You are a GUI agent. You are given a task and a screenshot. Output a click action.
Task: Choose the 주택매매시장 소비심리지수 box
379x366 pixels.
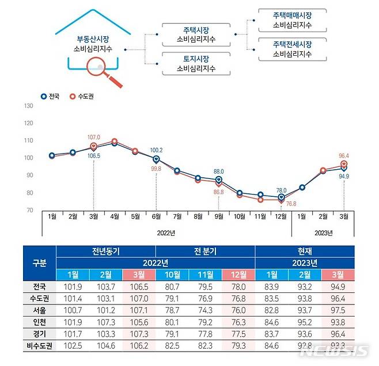coord(292,20)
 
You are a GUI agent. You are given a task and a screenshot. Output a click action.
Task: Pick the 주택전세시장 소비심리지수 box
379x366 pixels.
coord(292,49)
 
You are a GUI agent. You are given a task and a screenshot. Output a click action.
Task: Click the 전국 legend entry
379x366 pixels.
coord(52,97)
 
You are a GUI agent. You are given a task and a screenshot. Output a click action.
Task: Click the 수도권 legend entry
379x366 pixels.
coord(81,97)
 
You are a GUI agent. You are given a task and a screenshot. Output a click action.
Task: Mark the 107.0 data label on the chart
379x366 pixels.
coord(94,138)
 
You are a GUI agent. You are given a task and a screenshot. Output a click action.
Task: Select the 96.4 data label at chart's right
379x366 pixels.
coord(344,155)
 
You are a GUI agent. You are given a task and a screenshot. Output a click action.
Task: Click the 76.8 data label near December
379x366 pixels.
coord(290,204)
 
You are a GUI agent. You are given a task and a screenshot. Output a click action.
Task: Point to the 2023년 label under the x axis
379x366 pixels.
coord(324,232)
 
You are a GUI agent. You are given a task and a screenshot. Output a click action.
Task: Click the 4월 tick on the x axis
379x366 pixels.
coord(115,217)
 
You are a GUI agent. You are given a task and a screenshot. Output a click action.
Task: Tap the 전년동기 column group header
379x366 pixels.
coord(105,251)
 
